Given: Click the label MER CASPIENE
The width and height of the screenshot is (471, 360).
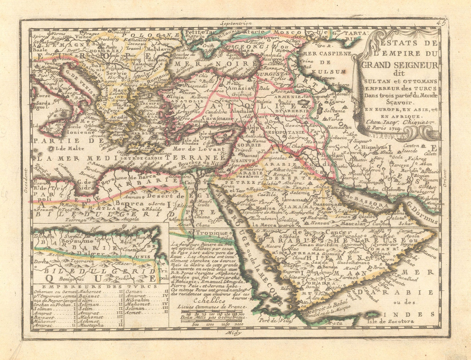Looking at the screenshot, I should coord(325,54).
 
